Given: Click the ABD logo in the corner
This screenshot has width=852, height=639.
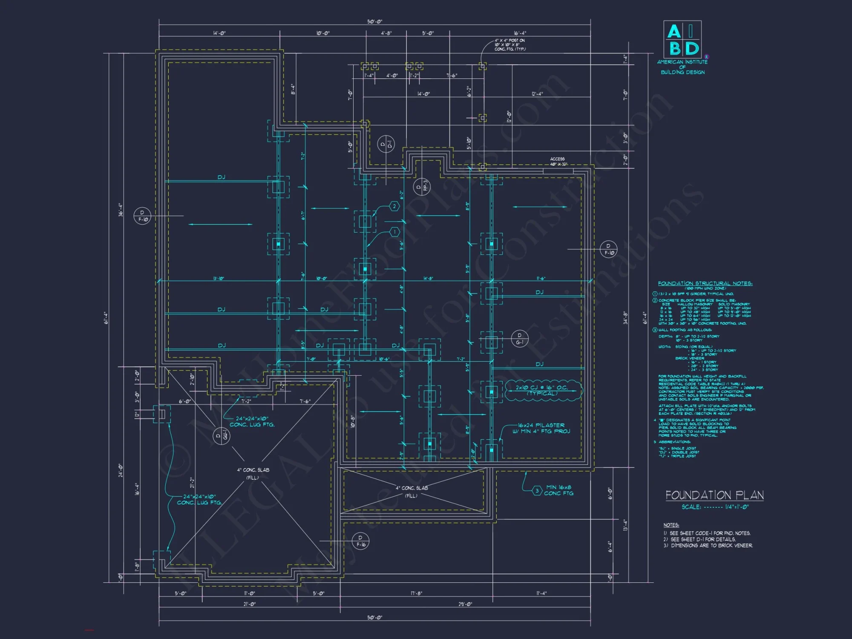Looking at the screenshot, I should click(682, 39).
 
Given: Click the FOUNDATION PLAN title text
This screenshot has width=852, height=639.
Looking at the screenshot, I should click(714, 495).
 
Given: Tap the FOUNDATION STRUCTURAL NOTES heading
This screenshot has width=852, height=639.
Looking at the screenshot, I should click(705, 283).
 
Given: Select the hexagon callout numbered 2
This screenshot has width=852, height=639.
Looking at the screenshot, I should click(394, 207).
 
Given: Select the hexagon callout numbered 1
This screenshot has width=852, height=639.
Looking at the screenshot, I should click(394, 232).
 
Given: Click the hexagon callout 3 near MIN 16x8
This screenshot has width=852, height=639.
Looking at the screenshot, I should click(537, 491).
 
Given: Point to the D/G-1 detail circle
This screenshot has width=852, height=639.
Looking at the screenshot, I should click(519, 339).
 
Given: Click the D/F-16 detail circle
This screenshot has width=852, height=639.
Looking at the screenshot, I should click(360, 541).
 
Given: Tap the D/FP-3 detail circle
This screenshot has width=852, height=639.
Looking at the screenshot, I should click(422, 187).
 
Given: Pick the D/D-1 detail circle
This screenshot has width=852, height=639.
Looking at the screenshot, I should click(386, 144).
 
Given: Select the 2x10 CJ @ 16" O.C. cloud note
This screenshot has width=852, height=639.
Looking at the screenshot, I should click(542, 390).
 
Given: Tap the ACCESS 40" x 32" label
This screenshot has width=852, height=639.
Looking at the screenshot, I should click(558, 161).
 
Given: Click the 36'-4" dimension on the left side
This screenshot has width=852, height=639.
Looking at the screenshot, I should click(121, 209).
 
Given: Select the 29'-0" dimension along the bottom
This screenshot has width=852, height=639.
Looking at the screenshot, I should click(465, 604).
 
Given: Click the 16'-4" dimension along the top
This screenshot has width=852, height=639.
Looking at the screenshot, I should click(520, 33).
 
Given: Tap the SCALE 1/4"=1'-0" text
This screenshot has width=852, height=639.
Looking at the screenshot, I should click(715, 507).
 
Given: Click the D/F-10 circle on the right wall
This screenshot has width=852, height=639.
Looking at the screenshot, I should click(608, 249).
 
